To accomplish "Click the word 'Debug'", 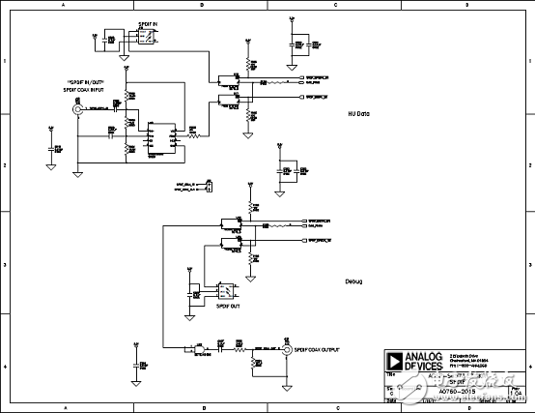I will (x=354, y=281).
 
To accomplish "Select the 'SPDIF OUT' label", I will (x=227, y=305).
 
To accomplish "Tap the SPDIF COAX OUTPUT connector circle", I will (x=286, y=351).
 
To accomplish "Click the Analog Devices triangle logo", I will (x=394, y=361).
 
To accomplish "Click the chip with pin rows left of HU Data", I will (x=160, y=136).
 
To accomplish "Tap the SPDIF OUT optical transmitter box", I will (x=226, y=289).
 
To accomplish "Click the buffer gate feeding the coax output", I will (x=202, y=350).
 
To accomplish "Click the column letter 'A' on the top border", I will (x=66, y=6).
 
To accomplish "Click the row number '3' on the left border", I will (x=5, y=262).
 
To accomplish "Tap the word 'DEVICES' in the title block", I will (x=423, y=367).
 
